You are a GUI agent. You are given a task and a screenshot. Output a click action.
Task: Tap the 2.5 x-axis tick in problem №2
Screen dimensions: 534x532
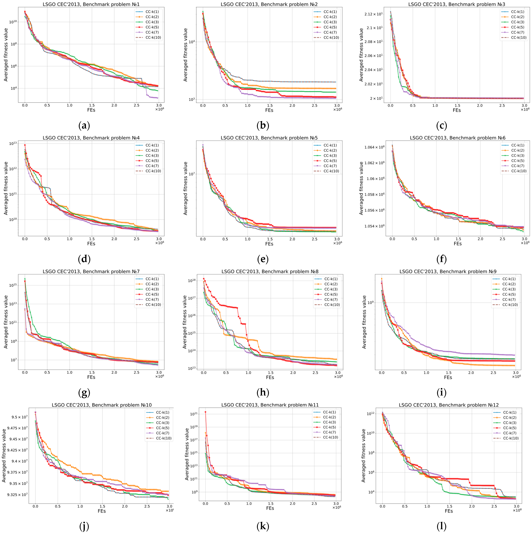(314, 105)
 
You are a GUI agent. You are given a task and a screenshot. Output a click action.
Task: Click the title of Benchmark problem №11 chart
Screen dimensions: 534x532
(270, 405)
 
